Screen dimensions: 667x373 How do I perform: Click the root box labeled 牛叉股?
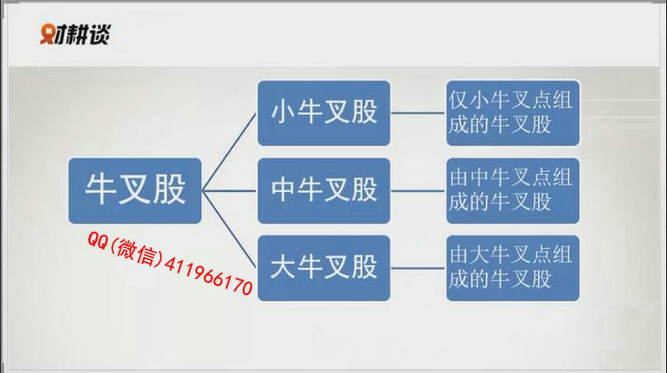(135, 191)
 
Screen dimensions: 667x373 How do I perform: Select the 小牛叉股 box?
(324, 113)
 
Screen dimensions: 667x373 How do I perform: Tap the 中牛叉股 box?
(324, 191)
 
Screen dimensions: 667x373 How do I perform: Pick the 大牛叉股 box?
(324, 268)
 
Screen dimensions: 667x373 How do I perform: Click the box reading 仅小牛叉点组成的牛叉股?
(513, 113)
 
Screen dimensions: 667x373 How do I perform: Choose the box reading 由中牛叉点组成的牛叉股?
(513, 191)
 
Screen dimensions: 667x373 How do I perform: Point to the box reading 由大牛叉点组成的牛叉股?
(513, 268)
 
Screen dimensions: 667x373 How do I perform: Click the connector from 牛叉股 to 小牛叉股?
(229, 152)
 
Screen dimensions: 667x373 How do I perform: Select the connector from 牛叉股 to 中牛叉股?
(229, 191)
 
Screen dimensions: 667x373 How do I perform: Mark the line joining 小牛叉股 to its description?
(418, 113)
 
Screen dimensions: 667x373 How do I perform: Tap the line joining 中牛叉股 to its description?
(418, 191)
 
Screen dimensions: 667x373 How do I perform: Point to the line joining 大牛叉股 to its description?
(418, 268)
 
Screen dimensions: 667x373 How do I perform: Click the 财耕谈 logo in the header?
(76, 34)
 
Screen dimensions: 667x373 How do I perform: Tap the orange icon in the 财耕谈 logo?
(47, 34)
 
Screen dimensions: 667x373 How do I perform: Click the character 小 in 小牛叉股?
(283, 112)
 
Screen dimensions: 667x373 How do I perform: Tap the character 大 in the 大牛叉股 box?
(283, 266)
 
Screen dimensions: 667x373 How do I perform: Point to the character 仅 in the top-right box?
(459, 100)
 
